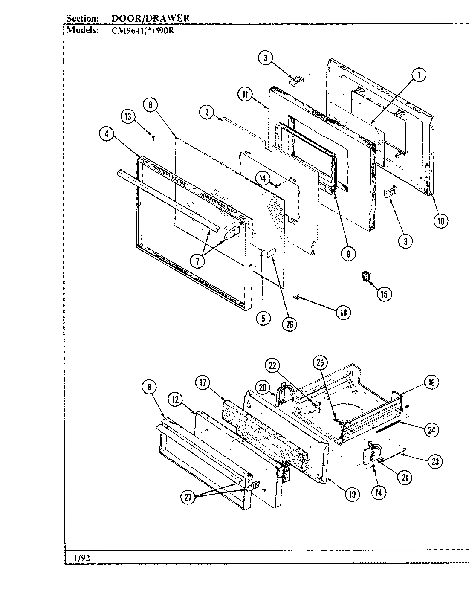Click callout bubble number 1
tap(419, 75)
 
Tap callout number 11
tap(246, 95)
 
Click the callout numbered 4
tap(107, 134)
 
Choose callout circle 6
tap(151, 105)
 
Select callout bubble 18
tap(343, 313)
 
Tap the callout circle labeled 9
tap(348, 254)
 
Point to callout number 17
tap(203, 383)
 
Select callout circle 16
tap(431, 382)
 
